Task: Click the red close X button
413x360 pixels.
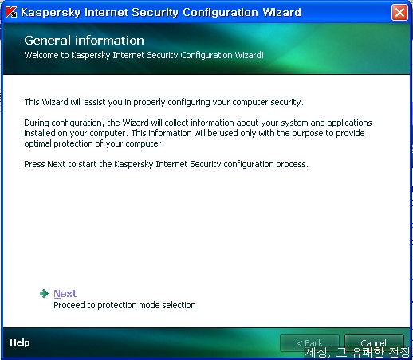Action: pos(399,12)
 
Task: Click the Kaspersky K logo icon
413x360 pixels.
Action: pos(11,12)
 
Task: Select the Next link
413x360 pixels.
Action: pos(65,293)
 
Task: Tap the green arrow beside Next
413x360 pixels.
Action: pos(44,293)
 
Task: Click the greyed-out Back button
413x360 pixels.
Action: pos(309,342)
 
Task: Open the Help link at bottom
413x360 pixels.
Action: pos(20,342)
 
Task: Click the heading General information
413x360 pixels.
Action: pos(84,41)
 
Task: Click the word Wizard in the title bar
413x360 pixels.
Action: pos(282,12)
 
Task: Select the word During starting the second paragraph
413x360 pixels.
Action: pos(37,123)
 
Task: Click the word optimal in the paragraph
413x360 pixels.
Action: pos(37,143)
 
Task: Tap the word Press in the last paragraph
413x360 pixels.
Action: pos(34,164)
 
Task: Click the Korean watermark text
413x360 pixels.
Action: pos(357,352)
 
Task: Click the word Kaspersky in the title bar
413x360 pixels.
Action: pos(50,13)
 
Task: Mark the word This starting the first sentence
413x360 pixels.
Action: pos(32,102)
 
